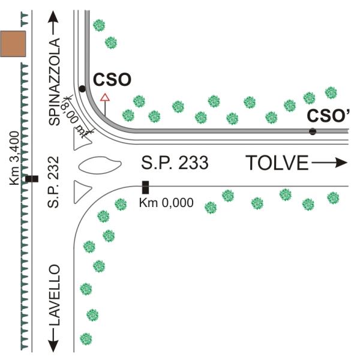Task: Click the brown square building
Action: pyautogui.click(x=13, y=44)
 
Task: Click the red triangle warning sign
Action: pyautogui.click(x=105, y=98)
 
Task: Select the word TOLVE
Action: pyautogui.click(x=277, y=162)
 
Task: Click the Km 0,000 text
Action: pyautogui.click(x=166, y=203)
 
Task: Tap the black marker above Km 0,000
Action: pyautogui.click(x=145, y=187)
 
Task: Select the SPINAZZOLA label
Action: pyautogui.click(x=55, y=82)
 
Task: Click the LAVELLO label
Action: pyautogui.click(x=55, y=294)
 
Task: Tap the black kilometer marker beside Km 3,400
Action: pyautogui.click(x=31, y=179)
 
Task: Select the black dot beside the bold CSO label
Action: pyautogui.click(x=82, y=89)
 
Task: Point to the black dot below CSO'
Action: pyautogui.click(x=313, y=131)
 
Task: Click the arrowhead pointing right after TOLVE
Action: pyautogui.click(x=342, y=162)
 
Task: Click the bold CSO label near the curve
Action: pyautogui.click(x=111, y=80)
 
